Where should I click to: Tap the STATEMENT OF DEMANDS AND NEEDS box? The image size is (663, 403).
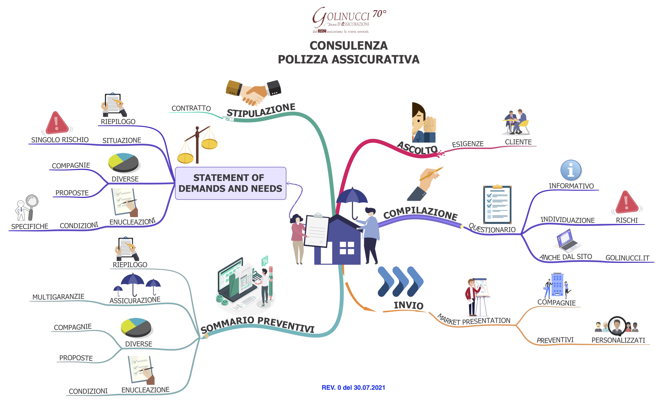tap(230, 183)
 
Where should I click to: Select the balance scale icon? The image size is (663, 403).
tap(198, 145)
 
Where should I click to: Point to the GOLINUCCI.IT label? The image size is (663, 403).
tap(627, 258)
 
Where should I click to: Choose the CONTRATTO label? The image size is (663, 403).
tap(191, 108)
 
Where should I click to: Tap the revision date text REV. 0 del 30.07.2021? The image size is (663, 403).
tap(353, 387)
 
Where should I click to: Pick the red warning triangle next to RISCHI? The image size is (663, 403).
tap(627, 202)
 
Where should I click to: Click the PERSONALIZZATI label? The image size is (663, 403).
tap(618, 340)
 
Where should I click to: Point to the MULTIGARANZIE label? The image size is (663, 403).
tap(58, 297)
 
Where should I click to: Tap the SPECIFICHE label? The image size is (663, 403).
tap(30, 227)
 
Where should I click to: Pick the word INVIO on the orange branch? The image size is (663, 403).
tap(408, 305)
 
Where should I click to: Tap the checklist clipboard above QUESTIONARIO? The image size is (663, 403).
tap(497, 205)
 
